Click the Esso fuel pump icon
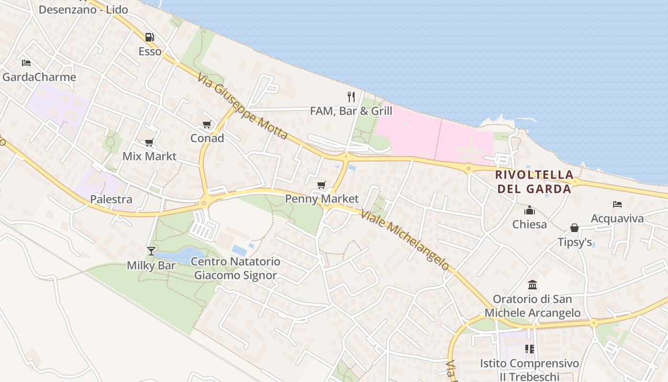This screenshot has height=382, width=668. click(x=149, y=37)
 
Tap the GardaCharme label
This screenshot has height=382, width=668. click(x=39, y=77)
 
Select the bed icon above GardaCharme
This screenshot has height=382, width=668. click(x=26, y=63)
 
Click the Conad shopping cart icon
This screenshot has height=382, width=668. click(x=207, y=125)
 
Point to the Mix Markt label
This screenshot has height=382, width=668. click(x=149, y=156)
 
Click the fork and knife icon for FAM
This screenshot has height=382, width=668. click(x=351, y=97)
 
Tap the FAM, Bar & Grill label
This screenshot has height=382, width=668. click(x=351, y=111)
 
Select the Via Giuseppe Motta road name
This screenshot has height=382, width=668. click(x=242, y=106)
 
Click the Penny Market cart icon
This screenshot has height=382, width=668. click(x=322, y=185)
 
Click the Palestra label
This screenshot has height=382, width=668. click(x=111, y=199)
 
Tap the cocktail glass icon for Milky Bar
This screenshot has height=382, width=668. click(x=151, y=251)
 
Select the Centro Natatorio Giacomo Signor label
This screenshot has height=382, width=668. click(x=236, y=268)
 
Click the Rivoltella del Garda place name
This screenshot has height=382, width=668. click(x=534, y=181)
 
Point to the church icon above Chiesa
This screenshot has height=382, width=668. click(x=530, y=210)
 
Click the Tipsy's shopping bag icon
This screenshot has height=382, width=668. click(x=574, y=228)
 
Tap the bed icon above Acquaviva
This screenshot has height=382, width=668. click(x=617, y=204)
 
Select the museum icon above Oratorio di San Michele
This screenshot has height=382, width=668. click(x=532, y=285)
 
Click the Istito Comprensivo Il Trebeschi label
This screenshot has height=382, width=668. click(x=530, y=370)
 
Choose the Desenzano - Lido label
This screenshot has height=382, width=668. click(x=83, y=10)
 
